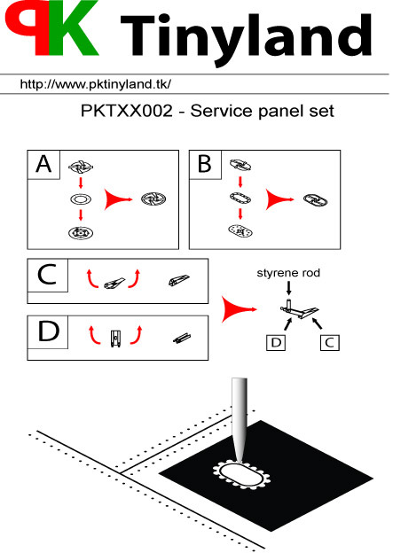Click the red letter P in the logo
pyautogui.click(x=27, y=25)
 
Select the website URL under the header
pyautogui.click(x=96, y=84)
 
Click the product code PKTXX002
pyautogui.click(x=127, y=111)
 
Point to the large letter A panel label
pyautogui.click(x=43, y=164)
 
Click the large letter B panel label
pyautogui.click(x=205, y=164)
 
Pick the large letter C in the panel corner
pyautogui.click(x=47, y=275)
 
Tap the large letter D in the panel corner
pyautogui.click(x=48, y=331)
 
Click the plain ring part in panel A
pyautogui.click(x=81, y=199)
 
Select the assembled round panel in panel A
pyautogui.click(x=153, y=199)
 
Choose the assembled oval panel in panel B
pyautogui.click(x=315, y=200)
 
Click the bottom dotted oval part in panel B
pyautogui.click(x=240, y=231)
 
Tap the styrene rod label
pyautogui.click(x=288, y=273)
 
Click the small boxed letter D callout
pyautogui.click(x=276, y=342)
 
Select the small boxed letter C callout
pyautogui.click(x=330, y=342)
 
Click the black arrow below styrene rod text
pyautogui.click(x=289, y=288)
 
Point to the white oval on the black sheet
pyautogui.click(x=242, y=474)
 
